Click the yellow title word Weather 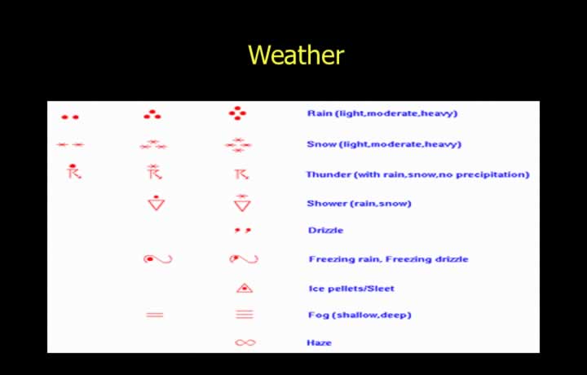point(296,55)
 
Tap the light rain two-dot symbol point(70,117)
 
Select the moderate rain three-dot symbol point(152,114)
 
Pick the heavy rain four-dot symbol point(237,113)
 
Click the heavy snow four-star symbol point(238,145)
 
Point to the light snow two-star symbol point(70,144)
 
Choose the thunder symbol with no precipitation point(242,174)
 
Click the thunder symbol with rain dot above point(73,171)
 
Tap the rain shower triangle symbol point(156,203)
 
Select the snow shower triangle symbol point(242,203)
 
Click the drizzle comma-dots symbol point(243,230)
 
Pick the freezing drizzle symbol point(244,258)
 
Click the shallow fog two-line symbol point(155,315)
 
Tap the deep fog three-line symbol point(245,315)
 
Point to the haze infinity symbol point(245,342)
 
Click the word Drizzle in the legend point(325,230)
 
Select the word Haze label point(319,342)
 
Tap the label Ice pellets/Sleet point(351,289)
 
